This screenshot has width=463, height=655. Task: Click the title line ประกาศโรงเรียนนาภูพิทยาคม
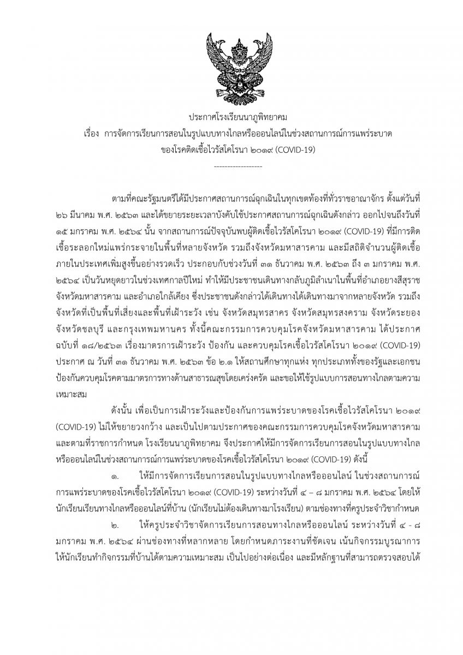(x=231, y=117)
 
